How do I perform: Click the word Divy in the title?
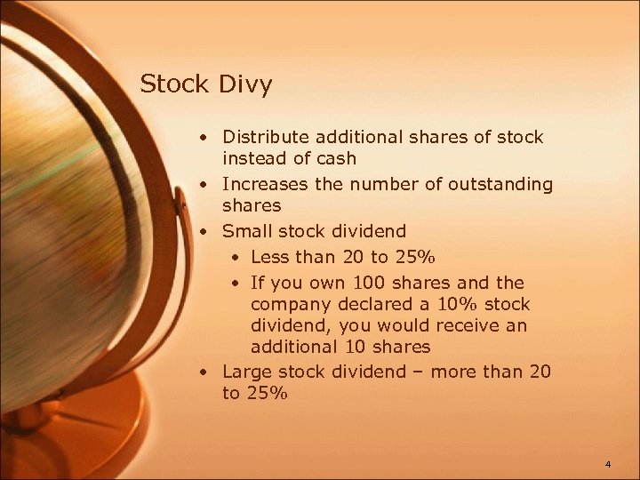[x=244, y=85]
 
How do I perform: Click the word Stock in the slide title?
[x=174, y=84]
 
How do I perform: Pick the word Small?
[x=246, y=231]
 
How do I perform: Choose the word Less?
[x=270, y=258]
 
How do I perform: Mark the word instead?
[x=254, y=159]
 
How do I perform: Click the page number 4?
[x=608, y=464]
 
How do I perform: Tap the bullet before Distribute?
[x=204, y=138]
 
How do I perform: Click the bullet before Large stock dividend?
[x=204, y=372]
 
